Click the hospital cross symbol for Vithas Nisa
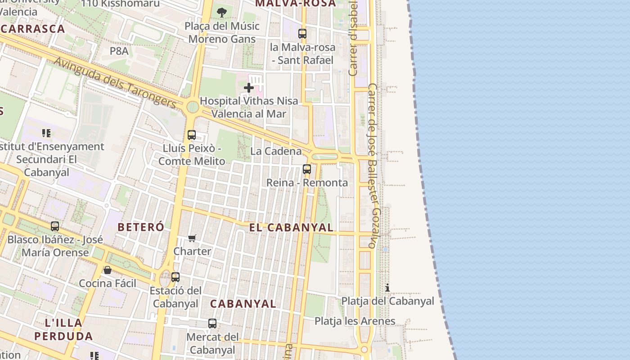(248, 88)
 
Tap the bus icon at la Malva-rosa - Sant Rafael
(302, 34)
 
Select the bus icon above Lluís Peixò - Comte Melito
(192, 135)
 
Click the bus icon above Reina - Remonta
(307, 169)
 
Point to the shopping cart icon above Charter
(192, 238)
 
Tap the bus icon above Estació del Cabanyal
(175, 277)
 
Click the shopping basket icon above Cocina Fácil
(108, 270)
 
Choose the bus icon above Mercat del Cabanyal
(212, 323)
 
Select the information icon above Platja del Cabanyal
(387, 288)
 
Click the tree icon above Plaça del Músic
(221, 12)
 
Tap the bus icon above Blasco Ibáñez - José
(55, 226)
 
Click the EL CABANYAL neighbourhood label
(292, 228)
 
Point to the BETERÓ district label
(141, 227)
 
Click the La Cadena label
(276, 151)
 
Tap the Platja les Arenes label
(355, 321)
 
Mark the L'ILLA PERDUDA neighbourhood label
(63, 329)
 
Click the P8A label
(119, 51)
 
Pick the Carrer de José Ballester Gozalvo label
(374, 166)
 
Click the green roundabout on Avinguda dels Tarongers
(193, 107)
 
